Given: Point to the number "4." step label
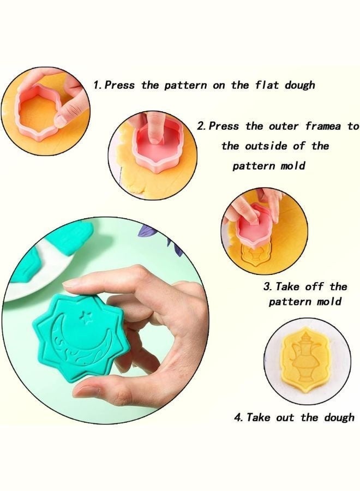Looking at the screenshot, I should point(238,417).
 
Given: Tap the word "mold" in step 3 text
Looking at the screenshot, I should point(329,302).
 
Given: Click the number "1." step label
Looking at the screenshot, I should point(97,85).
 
